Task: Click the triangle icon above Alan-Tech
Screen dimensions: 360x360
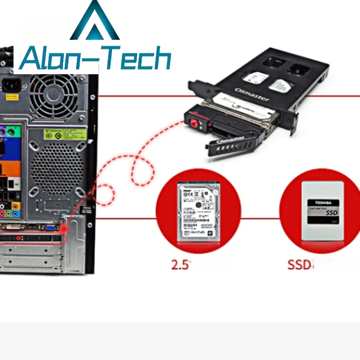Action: [x=95, y=22]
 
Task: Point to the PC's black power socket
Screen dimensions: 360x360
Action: [x=11, y=84]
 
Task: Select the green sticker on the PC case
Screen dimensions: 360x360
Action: [x=65, y=134]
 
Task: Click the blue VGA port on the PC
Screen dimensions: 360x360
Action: [x=50, y=227]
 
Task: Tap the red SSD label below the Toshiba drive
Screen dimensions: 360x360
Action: [x=299, y=264]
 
